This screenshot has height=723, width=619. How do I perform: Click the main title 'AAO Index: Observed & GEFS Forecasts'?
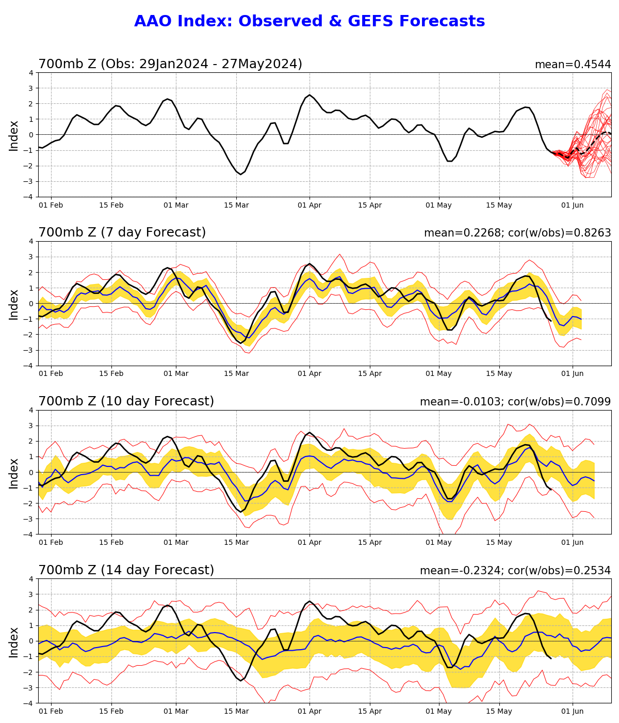tap(309, 22)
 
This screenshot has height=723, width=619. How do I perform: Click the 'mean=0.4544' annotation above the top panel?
tap(573, 65)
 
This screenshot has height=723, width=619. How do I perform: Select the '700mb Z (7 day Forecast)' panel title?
tap(122, 233)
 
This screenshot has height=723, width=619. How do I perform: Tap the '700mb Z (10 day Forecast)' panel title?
tap(126, 402)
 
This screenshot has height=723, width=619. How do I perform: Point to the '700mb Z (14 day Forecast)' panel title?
tap(126, 571)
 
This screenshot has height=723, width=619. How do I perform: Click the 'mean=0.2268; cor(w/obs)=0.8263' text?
tap(517, 233)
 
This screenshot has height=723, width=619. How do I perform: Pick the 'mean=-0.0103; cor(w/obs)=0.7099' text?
tap(515, 402)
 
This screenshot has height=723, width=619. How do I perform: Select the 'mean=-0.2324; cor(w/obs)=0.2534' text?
tap(515, 571)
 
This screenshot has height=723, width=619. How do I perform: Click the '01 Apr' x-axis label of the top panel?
tap(309, 206)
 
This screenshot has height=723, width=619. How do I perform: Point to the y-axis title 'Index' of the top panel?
tap(14, 135)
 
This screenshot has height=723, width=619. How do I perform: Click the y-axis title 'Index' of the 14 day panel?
tap(14, 642)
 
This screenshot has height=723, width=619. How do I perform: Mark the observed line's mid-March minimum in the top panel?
tap(240, 174)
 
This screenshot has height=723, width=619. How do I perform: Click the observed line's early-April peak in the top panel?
tap(309, 95)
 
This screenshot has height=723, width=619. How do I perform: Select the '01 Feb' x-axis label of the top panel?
tap(51, 206)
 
